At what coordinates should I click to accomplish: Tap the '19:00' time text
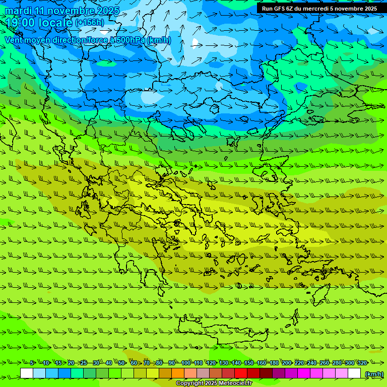[21, 23]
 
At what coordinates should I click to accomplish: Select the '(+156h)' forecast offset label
[90, 23]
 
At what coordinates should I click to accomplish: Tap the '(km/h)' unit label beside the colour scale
[373, 374]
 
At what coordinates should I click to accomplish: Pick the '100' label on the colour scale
[186, 363]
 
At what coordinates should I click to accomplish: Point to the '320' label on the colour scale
[362, 363]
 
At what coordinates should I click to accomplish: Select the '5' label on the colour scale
[32, 363]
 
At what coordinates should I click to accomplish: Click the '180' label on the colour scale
[274, 363]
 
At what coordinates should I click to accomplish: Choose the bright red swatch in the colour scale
[241, 373]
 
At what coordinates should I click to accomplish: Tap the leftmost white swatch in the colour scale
[27, 373]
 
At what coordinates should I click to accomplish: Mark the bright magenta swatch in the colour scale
[304, 373]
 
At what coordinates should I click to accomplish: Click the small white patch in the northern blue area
[196, 42]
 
